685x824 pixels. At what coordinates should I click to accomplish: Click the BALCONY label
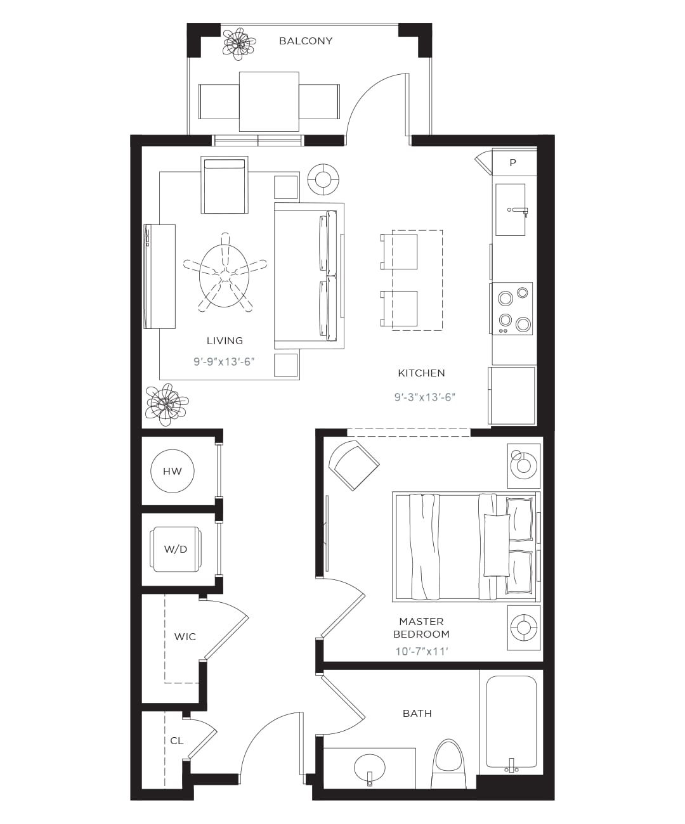(306, 41)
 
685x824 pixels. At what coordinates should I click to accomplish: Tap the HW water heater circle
(173, 471)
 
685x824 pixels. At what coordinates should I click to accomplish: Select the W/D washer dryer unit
(175, 549)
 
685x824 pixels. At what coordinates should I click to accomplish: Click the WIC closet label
(185, 636)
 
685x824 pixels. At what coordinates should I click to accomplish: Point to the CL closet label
(176, 741)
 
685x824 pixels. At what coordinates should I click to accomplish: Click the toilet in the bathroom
(449, 764)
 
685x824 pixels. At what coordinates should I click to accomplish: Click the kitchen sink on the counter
(511, 210)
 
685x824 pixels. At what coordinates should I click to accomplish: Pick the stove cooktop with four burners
(512, 308)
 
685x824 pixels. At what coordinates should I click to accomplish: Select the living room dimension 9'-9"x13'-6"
(224, 361)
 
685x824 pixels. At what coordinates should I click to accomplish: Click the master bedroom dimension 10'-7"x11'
(422, 651)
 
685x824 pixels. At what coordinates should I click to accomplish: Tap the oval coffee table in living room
(225, 275)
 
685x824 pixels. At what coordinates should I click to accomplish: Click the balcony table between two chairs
(269, 101)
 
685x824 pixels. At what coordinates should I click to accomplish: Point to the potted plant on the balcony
(239, 43)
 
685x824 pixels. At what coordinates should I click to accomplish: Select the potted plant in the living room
(166, 404)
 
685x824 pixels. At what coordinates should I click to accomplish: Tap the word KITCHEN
(421, 373)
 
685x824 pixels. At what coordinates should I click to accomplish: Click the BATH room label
(417, 714)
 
